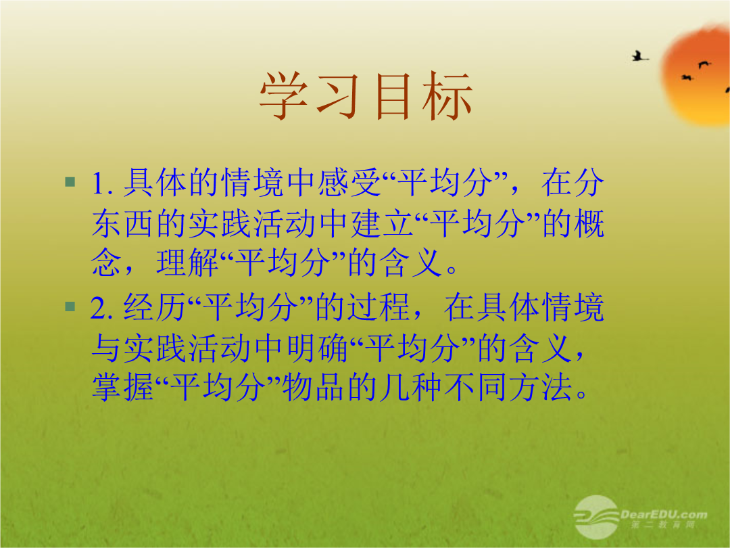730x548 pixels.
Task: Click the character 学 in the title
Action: click(284, 96)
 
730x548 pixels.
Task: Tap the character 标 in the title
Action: click(447, 96)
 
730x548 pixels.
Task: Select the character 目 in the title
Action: click(393, 96)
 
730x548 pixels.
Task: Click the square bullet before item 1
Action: click(70, 181)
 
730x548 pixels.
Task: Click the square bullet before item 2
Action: click(70, 306)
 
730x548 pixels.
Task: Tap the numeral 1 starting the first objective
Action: click(98, 183)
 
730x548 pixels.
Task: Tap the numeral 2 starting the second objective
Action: click(99, 308)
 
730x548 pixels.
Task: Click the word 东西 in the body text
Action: click(122, 223)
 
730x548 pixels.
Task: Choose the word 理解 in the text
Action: click(188, 262)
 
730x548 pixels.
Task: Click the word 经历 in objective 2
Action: click(155, 307)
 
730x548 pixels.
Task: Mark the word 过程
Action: click(379, 307)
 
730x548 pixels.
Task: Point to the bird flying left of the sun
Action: click(639, 56)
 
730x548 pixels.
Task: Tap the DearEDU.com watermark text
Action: click(664, 514)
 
